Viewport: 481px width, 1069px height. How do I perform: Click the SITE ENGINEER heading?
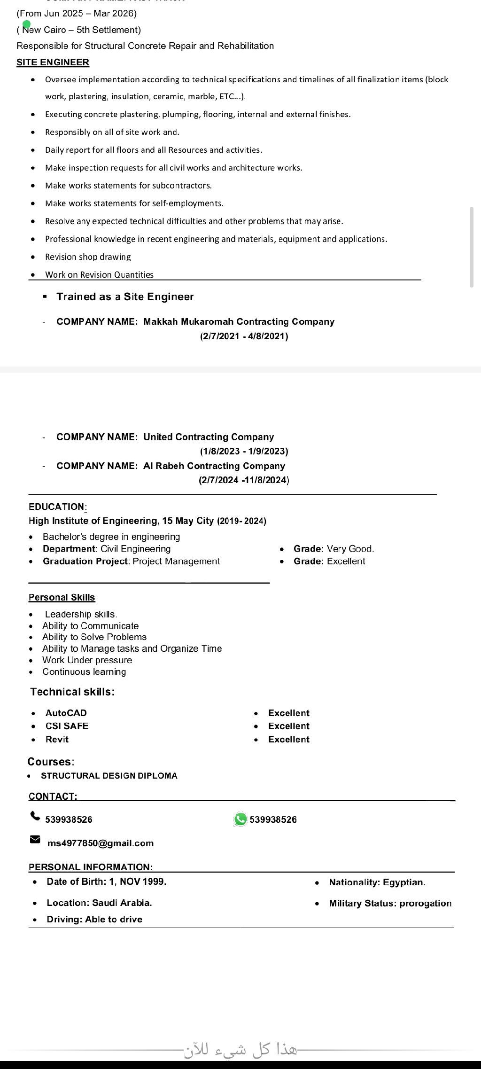[53, 62]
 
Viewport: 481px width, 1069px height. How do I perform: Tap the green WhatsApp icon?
[240, 819]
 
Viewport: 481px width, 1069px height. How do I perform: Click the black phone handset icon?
[35, 816]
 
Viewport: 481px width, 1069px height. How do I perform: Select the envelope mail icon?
[35, 839]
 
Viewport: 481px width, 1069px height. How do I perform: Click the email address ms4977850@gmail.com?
[101, 843]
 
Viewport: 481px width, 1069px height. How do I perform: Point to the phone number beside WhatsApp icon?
[273, 819]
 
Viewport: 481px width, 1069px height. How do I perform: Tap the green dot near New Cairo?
[26, 24]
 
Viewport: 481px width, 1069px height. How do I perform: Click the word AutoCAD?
[66, 713]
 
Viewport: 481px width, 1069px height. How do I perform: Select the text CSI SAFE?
[67, 726]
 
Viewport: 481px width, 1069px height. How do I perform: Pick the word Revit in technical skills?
[57, 739]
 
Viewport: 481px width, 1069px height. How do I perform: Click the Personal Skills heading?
[62, 597]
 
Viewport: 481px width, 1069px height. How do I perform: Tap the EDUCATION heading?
[56, 507]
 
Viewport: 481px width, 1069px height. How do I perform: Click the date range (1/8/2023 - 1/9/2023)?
[244, 451]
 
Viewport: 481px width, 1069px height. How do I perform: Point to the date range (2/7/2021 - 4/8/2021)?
[244, 336]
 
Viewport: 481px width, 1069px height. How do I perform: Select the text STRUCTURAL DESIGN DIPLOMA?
[109, 776]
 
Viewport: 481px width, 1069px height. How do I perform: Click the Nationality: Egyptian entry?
[377, 882]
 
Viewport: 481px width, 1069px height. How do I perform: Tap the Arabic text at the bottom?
[240, 1050]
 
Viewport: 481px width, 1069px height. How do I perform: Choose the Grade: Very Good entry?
[334, 548]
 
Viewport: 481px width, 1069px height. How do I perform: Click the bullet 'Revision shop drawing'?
[88, 257]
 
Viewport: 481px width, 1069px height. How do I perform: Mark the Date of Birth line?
[106, 882]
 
